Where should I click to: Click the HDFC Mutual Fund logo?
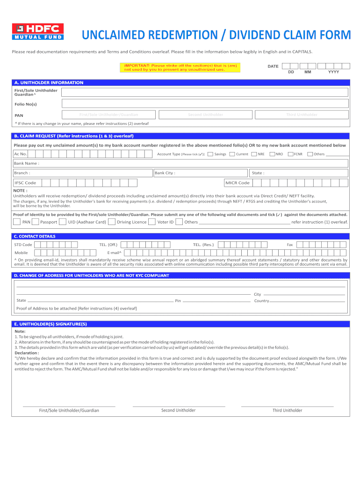tap(37, 31)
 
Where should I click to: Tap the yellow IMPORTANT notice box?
tap(180, 68)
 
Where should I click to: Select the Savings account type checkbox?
tap(210, 154)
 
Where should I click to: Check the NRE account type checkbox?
tap(254, 154)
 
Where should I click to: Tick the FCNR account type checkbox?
tap(290, 154)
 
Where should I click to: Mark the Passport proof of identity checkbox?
tap(36, 222)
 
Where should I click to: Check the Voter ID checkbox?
tap(152, 222)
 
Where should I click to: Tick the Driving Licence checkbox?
tap(112, 222)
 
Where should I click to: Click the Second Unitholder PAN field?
tap(205, 115)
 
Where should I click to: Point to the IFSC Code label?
tap(25, 183)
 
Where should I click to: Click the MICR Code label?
tap(238, 183)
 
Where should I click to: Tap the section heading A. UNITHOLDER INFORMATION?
tap(49, 83)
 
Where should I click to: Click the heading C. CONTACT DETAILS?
tap(35, 236)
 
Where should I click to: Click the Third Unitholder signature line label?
tap(287, 410)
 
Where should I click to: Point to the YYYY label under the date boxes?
tap(333, 73)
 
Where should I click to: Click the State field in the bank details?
tap(299, 173)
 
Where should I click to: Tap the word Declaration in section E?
tap(27, 353)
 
